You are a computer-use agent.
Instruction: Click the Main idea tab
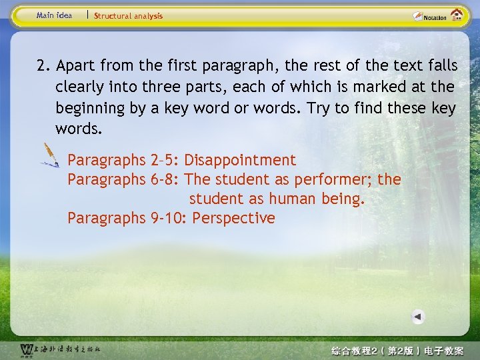pos(55,15)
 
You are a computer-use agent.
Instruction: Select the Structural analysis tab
pos(128,16)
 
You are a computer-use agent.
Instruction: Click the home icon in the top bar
pos(457,15)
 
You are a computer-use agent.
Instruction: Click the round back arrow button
pos(417,317)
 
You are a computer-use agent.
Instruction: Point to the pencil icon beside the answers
pos(50,155)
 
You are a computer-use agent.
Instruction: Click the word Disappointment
pos(240,160)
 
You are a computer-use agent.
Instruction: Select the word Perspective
pos(233,218)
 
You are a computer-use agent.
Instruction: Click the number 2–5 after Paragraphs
pos(164,160)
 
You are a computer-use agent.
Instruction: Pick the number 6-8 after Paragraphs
pos(164,179)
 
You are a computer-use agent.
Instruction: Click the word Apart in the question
pos(75,65)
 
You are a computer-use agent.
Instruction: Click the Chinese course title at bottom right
pos(397,350)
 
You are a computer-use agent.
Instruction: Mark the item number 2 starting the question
pos(43,65)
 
